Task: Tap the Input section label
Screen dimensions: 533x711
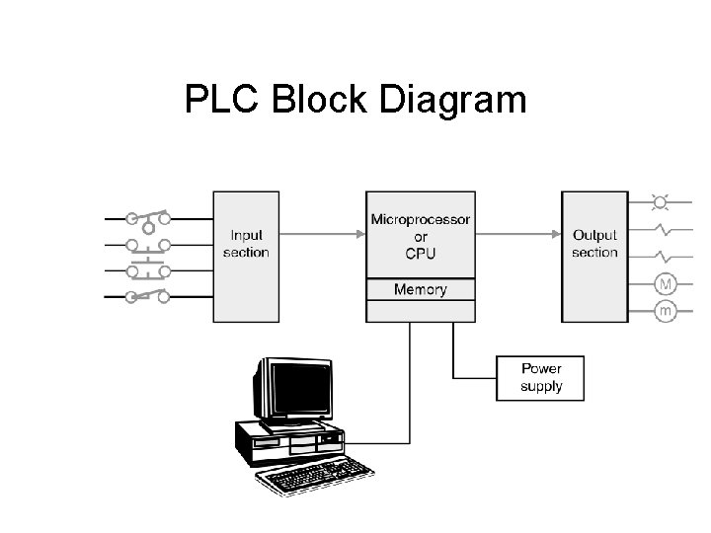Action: coord(246,244)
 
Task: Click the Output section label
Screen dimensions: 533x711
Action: coord(594,244)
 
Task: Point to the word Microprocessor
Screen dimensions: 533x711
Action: coord(421,218)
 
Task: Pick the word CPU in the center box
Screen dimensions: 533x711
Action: coord(421,253)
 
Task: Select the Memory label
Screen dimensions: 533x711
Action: coord(421,289)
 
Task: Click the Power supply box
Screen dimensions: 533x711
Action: coord(541,377)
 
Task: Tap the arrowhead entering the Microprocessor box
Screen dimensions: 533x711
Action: coord(359,235)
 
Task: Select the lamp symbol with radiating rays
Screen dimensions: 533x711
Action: coord(661,202)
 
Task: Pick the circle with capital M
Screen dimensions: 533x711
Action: coord(666,284)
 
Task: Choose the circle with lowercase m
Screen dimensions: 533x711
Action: coord(666,312)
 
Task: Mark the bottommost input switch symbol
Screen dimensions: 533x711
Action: coord(149,295)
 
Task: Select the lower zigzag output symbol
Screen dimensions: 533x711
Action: coord(668,258)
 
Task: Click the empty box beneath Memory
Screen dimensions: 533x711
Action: coord(421,311)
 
